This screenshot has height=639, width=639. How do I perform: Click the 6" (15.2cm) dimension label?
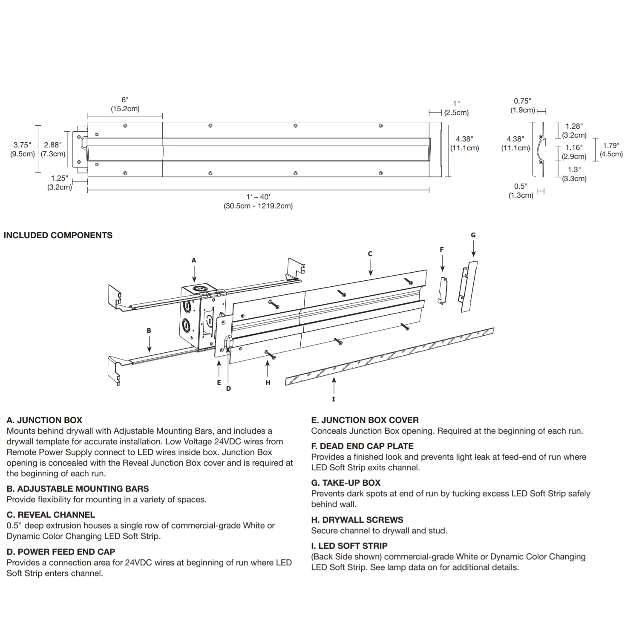125,104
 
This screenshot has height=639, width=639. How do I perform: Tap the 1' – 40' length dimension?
258,201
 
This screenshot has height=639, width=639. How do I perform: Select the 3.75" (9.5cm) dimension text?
22,149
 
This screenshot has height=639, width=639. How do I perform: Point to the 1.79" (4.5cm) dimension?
611,150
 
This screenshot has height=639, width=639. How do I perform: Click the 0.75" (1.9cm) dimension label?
522,106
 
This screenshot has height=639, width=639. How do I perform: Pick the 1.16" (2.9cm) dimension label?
574,152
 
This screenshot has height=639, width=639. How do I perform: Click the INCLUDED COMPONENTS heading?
58,235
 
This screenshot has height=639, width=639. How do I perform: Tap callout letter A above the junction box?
194,260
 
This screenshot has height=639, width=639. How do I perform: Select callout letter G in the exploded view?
473,235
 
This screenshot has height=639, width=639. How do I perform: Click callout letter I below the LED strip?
334,399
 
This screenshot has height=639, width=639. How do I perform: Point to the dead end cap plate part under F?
443,291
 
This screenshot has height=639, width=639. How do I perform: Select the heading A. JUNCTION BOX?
44,420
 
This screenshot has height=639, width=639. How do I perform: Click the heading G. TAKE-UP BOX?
345,483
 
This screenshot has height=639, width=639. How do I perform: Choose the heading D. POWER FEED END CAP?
61,552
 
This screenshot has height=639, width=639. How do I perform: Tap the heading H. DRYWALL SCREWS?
357,520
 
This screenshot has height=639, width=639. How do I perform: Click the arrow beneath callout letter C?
370,268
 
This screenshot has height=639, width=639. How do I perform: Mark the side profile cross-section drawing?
541,150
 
